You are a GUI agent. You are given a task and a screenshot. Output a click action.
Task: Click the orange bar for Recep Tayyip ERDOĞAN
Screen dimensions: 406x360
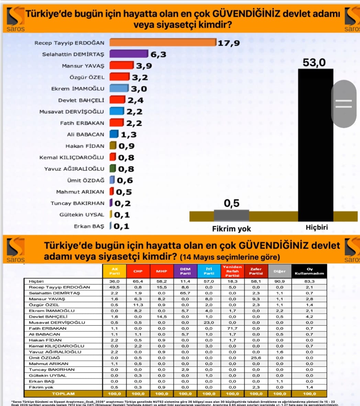click(x=162, y=42)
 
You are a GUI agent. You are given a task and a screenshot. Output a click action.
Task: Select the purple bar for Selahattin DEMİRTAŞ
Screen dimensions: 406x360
click(x=128, y=54)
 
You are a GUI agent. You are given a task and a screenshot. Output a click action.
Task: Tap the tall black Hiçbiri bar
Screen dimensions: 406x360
click(x=315, y=144)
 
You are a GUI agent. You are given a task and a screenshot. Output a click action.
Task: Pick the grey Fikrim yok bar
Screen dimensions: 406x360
click(x=231, y=215)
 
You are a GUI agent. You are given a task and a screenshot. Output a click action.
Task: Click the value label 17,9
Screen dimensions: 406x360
click(x=229, y=43)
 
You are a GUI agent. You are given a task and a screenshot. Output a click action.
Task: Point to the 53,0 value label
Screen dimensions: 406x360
click(x=314, y=63)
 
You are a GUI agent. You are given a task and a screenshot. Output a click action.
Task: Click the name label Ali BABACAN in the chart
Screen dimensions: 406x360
click(x=86, y=135)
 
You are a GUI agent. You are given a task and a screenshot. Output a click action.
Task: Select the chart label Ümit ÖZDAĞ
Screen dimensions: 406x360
click(x=86, y=180)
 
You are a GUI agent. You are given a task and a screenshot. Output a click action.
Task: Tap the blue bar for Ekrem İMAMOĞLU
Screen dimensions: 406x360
click(x=119, y=88)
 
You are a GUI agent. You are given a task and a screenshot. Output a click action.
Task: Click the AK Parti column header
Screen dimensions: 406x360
click(x=115, y=271)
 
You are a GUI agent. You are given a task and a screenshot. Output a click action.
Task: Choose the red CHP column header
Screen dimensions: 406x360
click(x=138, y=271)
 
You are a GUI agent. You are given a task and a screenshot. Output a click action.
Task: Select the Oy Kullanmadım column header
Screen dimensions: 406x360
click(x=309, y=271)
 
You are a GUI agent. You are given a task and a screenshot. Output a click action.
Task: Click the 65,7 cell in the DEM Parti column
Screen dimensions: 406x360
click(x=185, y=293)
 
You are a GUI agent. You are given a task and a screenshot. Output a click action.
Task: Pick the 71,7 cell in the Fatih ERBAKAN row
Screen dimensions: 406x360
click(x=232, y=328)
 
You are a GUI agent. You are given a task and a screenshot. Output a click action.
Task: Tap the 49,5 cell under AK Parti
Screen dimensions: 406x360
click(x=115, y=287)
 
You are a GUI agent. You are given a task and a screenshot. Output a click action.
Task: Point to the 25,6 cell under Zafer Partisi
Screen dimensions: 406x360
click(x=256, y=358)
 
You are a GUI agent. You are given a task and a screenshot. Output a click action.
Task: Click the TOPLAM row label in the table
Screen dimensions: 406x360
click(x=63, y=394)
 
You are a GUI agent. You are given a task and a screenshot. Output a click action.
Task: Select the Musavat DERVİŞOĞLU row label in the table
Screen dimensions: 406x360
click(x=57, y=323)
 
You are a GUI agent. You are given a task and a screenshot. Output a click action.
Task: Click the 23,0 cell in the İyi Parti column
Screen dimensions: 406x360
click(x=209, y=323)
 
